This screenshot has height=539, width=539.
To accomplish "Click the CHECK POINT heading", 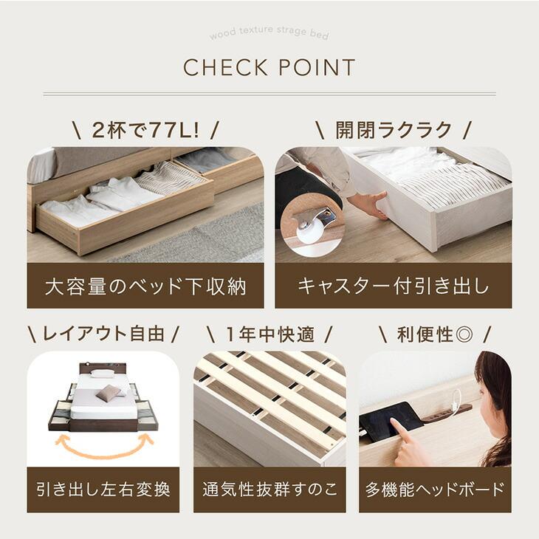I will point(269,68).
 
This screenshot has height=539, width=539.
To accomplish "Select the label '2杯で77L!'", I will point(145,131).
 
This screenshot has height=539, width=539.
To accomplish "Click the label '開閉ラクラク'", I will point(394,131).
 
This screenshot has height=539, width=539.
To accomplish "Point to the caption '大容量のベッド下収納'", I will point(145,286).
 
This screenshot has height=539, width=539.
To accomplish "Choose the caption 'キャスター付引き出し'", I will point(394,286).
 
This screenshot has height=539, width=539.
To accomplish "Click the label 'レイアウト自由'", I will point(103,334).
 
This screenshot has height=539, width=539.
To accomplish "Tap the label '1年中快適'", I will point(269,334).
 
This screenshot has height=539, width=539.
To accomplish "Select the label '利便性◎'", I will point(434,334).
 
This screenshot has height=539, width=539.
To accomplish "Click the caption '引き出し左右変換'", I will point(103,489).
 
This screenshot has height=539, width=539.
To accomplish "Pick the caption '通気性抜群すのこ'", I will point(269,489).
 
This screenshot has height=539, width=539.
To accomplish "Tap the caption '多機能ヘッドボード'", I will point(435,489).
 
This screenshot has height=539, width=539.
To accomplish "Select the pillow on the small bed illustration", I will point(107,392).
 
